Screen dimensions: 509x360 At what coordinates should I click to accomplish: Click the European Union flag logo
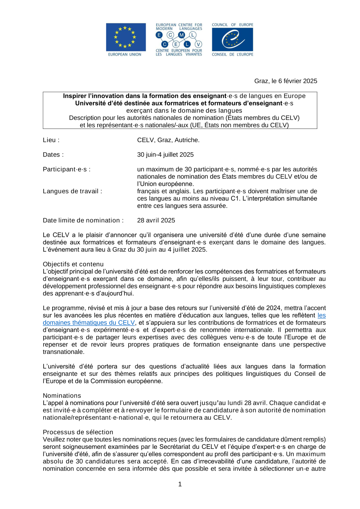pos(126,37)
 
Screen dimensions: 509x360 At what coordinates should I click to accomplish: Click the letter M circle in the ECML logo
pos(181,35)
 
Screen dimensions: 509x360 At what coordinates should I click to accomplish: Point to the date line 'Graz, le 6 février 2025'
pos(285,81)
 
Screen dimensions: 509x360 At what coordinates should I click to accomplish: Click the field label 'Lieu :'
pos(51,140)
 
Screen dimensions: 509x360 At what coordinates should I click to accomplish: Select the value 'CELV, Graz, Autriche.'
pos(168,140)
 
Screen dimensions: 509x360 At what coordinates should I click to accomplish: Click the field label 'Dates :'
pos(53,155)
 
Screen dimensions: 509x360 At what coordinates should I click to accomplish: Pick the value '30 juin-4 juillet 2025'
pos(165,155)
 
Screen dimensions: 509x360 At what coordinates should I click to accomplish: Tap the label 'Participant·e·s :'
pos(67,169)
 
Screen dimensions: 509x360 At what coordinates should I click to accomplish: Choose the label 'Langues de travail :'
pos(72,191)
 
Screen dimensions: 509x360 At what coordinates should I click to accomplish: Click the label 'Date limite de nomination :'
pos(83,220)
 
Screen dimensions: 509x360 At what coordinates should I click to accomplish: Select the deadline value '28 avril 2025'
pos(156,220)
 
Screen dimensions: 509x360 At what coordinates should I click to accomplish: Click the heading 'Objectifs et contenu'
pos(73,264)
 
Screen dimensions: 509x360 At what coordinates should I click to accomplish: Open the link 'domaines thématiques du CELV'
pos(89,323)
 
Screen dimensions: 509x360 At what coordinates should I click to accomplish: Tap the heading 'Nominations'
pos(62,396)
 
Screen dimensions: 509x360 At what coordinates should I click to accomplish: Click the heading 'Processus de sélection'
pos(78,432)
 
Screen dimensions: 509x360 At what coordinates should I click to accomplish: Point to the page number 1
pos(180,484)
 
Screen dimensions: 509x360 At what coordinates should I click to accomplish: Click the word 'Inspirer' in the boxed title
pos(75,96)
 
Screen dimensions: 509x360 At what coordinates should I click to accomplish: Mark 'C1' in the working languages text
pos(235,199)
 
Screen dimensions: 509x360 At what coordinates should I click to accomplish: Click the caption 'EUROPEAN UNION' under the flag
pos(125,55)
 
